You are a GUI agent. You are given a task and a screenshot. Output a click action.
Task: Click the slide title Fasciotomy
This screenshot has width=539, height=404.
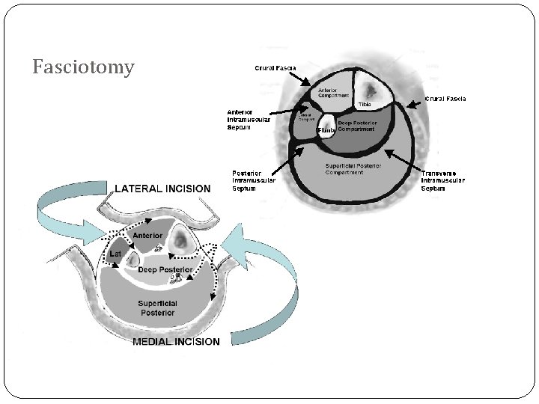tap(84, 68)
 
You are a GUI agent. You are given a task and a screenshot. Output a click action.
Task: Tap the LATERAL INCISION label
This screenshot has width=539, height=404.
tap(162, 189)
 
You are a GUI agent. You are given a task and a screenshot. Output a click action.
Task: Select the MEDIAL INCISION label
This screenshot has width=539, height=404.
tap(176, 342)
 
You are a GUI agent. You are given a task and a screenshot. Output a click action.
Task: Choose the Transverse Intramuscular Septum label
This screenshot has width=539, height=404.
tap(443, 180)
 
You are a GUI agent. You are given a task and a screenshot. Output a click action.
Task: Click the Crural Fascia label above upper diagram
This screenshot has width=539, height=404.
tap(275, 68)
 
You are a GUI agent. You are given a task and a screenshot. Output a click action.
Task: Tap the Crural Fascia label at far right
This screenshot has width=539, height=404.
tap(445, 99)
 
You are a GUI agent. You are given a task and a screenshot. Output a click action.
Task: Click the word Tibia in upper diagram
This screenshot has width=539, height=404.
tap(364, 104)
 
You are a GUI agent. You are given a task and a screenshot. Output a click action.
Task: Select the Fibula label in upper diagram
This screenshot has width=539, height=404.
tap(326, 131)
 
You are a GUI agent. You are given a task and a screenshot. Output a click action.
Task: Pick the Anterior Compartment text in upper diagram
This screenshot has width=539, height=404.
tap(333, 94)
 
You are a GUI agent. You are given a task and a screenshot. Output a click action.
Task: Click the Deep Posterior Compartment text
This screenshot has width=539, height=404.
tap(356, 126)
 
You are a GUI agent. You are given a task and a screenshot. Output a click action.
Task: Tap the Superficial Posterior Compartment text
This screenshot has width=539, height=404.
tap(353, 169)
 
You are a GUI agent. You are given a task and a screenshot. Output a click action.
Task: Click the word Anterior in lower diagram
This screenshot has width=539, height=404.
tap(147, 236)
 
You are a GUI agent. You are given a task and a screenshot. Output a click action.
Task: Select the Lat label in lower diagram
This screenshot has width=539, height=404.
tap(115, 254)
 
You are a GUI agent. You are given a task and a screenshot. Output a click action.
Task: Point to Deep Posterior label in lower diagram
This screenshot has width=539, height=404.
tap(165, 269)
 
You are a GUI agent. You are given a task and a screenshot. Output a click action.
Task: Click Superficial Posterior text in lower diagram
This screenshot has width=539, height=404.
tap(156, 307)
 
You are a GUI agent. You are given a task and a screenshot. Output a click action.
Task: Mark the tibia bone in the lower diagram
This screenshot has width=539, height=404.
tap(182, 240)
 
